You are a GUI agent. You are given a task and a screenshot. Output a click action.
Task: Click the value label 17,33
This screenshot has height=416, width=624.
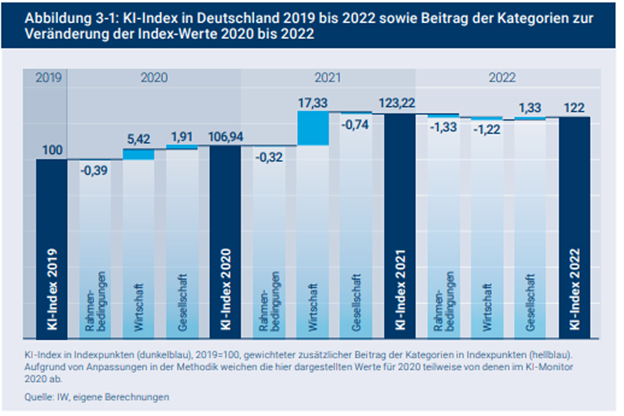coord(313,99)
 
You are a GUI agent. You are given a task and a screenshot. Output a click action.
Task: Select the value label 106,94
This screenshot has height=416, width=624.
coord(225,136)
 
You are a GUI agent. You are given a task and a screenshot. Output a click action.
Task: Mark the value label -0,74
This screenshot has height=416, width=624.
coord(356,124)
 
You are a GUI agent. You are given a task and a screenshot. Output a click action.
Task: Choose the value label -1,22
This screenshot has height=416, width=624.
coord(487,131)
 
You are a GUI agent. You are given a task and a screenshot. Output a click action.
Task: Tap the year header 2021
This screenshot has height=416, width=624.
coord(327,78)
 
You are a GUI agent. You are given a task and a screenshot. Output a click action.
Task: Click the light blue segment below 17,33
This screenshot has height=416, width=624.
coord(313,128)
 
